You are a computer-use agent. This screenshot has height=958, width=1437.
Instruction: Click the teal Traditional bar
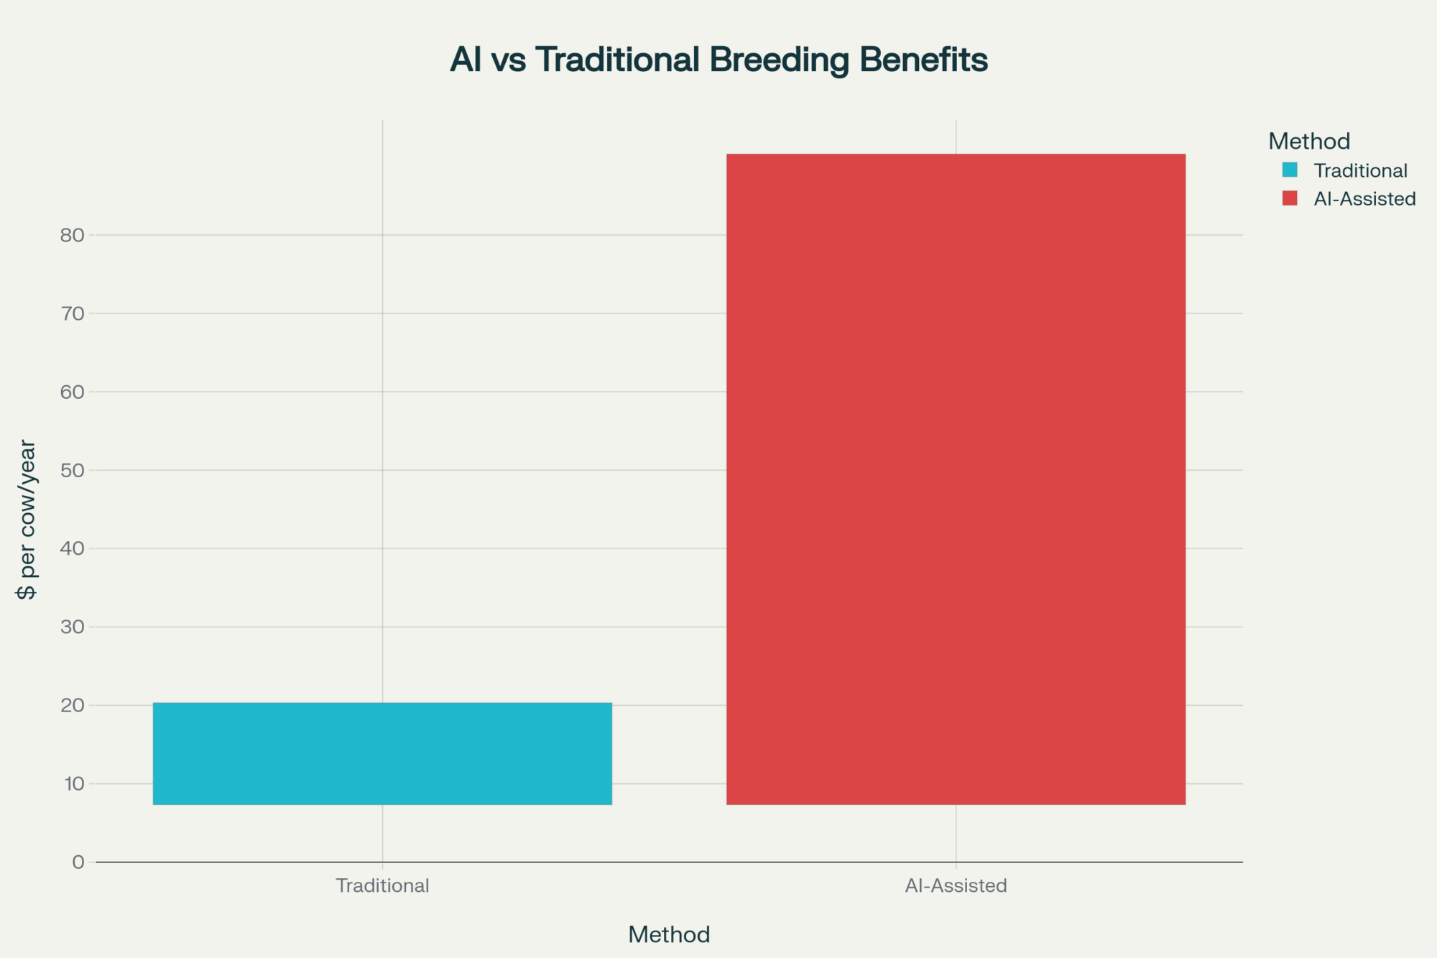click(382, 753)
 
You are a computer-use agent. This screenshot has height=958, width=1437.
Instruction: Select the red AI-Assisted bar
click(956, 479)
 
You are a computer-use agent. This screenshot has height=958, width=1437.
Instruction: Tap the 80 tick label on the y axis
click(72, 235)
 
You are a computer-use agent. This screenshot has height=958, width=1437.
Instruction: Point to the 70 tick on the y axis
click(72, 313)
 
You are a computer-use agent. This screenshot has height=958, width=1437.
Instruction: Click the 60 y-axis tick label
click(72, 392)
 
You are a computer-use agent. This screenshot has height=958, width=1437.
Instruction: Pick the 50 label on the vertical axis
click(72, 470)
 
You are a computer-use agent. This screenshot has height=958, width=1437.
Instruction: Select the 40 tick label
click(72, 548)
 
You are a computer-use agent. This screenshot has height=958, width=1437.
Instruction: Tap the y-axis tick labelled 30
click(72, 627)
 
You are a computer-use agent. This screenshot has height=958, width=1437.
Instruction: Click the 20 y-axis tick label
click(72, 705)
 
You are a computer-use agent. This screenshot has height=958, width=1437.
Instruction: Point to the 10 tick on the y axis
click(74, 783)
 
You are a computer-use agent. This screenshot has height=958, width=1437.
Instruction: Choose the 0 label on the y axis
click(78, 862)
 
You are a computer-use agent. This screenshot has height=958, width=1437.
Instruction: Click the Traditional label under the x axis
click(382, 885)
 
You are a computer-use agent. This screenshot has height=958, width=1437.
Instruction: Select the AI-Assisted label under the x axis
click(956, 885)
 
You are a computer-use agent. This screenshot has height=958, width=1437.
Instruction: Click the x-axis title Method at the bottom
click(669, 934)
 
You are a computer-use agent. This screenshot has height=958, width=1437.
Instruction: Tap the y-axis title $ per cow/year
click(27, 520)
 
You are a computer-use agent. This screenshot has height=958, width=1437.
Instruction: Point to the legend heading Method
click(1309, 141)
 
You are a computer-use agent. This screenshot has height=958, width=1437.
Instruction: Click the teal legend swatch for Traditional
click(1290, 170)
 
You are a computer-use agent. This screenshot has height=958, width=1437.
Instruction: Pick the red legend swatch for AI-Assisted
click(1290, 198)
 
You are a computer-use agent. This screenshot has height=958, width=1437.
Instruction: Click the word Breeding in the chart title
click(780, 60)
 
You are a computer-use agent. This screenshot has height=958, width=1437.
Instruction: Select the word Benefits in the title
click(923, 59)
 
